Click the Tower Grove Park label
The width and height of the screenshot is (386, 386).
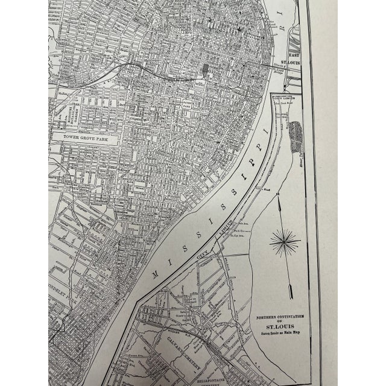pos(90,137)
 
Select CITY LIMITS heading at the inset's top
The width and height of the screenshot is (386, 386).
pos(285,96)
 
